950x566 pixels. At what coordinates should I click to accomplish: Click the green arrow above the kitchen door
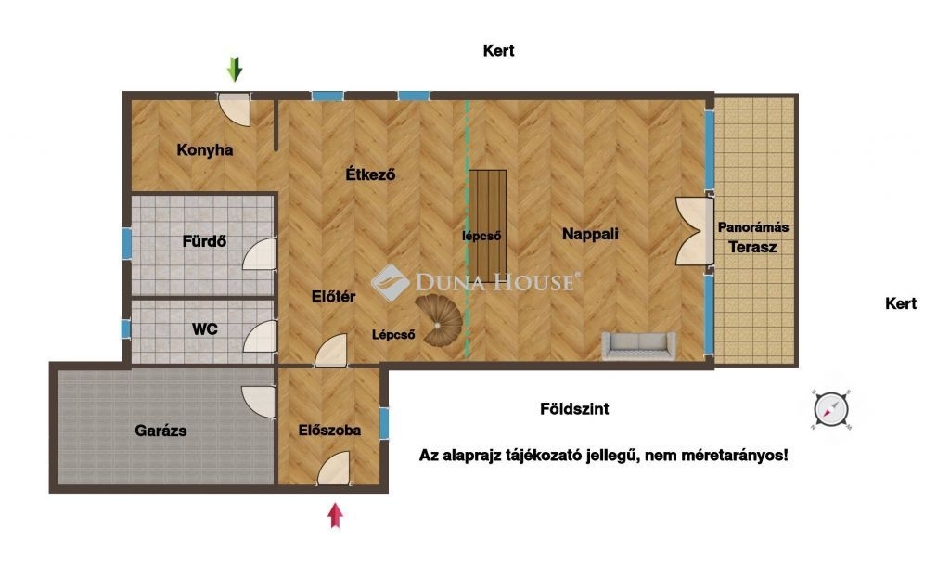click(x=235, y=69)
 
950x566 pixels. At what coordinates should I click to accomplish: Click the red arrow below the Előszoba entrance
click(x=335, y=515)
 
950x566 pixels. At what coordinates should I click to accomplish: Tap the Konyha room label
click(x=205, y=149)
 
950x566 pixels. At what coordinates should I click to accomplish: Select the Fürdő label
click(x=204, y=241)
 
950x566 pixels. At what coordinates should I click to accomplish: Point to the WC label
click(x=205, y=329)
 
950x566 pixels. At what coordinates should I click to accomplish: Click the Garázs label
click(x=160, y=431)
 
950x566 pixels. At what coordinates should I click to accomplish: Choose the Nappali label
click(x=590, y=234)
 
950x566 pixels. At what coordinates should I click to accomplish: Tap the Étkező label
click(x=370, y=174)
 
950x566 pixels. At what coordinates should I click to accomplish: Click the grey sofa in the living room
click(x=638, y=345)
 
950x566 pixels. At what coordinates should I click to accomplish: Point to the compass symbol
click(x=830, y=409)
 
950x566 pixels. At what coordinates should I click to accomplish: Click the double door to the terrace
click(x=695, y=231)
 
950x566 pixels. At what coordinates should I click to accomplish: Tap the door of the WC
click(x=260, y=336)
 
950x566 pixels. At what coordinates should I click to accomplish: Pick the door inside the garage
click(x=259, y=402)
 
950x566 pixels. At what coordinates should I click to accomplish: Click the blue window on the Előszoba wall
click(x=383, y=422)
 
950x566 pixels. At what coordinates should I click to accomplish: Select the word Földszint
click(x=574, y=409)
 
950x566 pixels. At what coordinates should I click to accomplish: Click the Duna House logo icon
click(x=390, y=282)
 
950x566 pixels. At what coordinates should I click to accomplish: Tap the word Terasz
click(x=752, y=247)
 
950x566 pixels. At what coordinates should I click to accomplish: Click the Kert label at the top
click(x=498, y=50)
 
